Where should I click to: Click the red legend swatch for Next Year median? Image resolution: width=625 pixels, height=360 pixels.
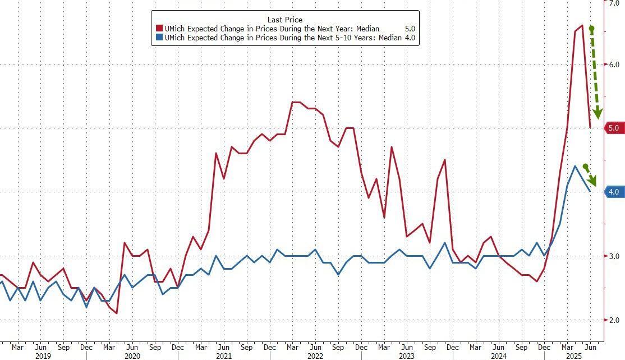tap(159, 29)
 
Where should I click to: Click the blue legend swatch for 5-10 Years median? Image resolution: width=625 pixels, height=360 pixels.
tap(159, 38)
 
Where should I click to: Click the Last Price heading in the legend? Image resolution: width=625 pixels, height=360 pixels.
tap(285, 19)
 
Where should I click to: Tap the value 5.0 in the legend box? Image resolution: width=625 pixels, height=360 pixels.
tap(410, 29)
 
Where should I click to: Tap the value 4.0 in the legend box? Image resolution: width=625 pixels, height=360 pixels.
tap(410, 38)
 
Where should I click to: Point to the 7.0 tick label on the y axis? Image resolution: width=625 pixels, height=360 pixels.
tap(614, 3)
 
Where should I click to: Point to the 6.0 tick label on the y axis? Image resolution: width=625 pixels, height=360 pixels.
tap(614, 64)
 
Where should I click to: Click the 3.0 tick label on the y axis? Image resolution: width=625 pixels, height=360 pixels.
tap(614, 256)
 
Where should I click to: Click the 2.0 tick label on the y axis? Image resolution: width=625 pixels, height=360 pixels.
tap(614, 320)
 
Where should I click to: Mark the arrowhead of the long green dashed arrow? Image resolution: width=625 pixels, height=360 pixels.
tap(598, 114)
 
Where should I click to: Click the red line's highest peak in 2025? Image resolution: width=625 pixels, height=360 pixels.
tap(582, 25)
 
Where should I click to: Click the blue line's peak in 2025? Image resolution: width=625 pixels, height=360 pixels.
tap(575, 166)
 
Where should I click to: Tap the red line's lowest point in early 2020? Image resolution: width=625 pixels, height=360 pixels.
tap(117, 313)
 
